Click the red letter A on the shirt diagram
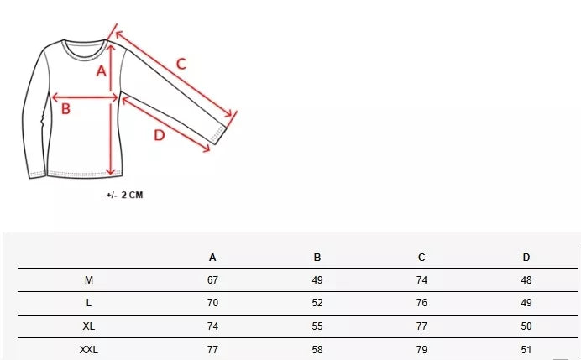(101, 70)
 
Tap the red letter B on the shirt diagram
(65, 109)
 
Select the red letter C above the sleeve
(181, 64)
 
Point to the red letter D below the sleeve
(160, 135)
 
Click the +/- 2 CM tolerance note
(124, 195)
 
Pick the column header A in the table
(212, 258)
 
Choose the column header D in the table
(526, 258)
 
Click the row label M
(88, 280)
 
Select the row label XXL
(88, 350)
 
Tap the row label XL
(88, 326)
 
